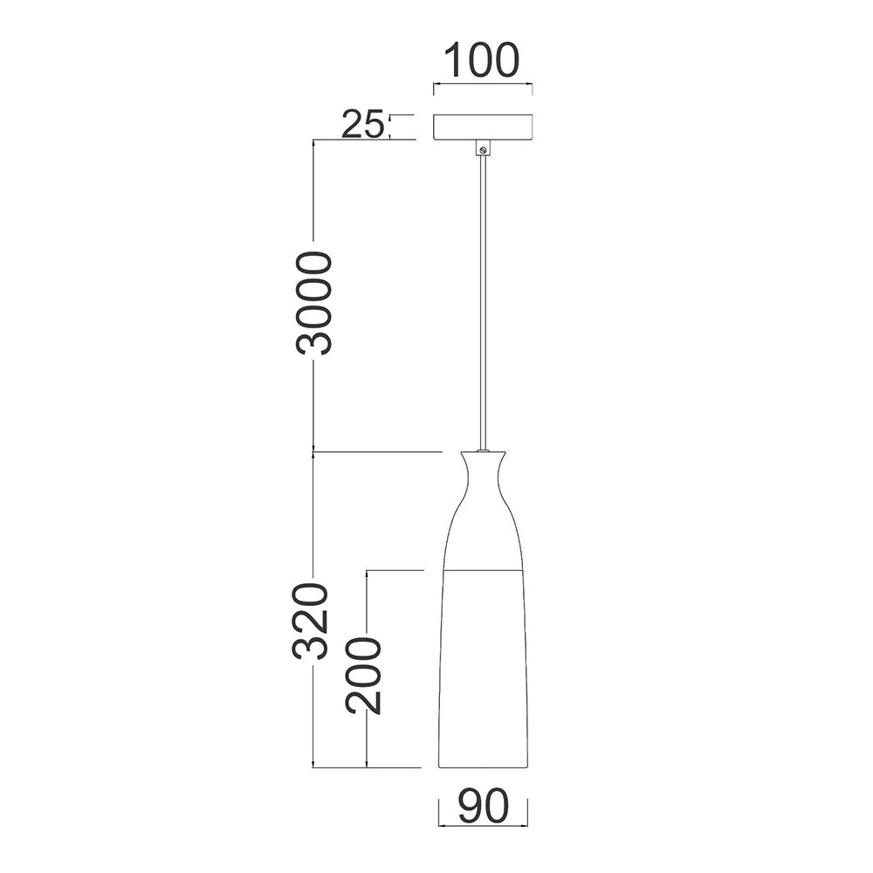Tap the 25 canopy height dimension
362,124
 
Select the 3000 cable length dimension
313,304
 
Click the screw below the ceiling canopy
484,149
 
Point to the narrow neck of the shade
484,478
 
